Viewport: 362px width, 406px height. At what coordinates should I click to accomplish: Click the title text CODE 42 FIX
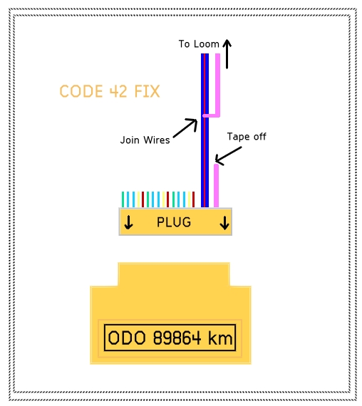pyautogui.click(x=110, y=91)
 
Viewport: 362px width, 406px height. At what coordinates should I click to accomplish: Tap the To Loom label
pyautogui.click(x=199, y=43)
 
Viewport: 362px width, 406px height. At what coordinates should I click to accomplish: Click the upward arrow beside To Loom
pyautogui.click(x=227, y=54)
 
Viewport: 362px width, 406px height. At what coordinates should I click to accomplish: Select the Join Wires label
pyautogui.click(x=145, y=140)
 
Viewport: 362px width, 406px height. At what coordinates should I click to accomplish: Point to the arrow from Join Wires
pyautogui.click(x=185, y=127)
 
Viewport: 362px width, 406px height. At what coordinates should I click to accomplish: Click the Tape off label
pyautogui.click(x=247, y=136)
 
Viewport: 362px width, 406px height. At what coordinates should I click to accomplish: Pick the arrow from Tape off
pyautogui.click(x=228, y=155)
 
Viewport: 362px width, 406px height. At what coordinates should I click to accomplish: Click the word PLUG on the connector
pyautogui.click(x=174, y=222)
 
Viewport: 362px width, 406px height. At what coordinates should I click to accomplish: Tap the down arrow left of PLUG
pyautogui.click(x=128, y=222)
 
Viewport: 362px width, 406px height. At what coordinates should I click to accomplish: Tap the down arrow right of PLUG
pyautogui.click(x=224, y=223)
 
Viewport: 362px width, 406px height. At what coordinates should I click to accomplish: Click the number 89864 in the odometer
pyautogui.click(x=177, y=338)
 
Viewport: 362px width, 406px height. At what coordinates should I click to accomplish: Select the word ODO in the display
pyautogui.click(x=126, y=338)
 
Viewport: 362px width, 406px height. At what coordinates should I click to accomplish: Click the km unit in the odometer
pyautogui.click(x=220, y=338)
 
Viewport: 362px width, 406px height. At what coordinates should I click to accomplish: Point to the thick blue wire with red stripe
pyautogui.click(x=205, y=130)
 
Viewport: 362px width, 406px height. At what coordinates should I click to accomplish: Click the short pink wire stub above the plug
pyautogui.click(x=216, y=186)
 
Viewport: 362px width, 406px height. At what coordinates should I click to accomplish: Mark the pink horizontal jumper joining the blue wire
pyautogui.click(x=211, y=115)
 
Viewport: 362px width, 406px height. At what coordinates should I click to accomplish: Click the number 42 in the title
pyautogui.click(x=118, y=91)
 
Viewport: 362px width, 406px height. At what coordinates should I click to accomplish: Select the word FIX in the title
pyautogui.click(x=147, y=91)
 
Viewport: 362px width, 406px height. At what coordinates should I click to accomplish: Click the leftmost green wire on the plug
pyautogui.click(x=123, y=199)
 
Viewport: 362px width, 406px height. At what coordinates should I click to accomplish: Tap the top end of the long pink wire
pyautogui.click(x=217, y=54)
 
